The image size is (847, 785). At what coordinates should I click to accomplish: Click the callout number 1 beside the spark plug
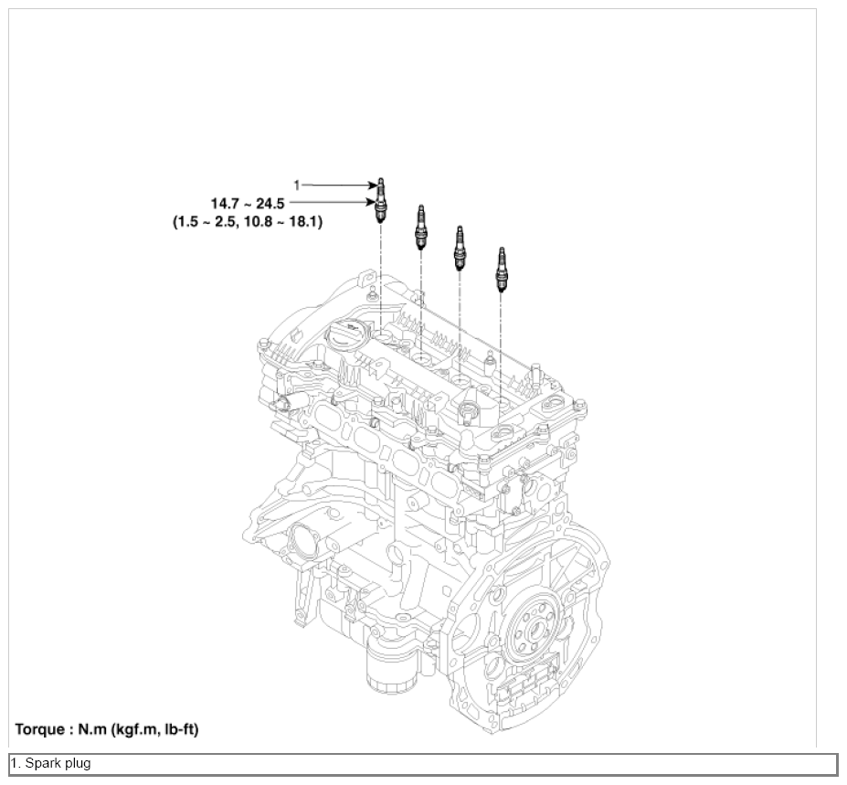(x=297, y=186)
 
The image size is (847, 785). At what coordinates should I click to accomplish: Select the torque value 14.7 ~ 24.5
(x=248, y=204)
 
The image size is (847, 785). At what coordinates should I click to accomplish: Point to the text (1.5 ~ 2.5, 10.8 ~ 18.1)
(x=248, y=221)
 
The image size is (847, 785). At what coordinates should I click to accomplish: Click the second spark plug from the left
(x=421, y=228)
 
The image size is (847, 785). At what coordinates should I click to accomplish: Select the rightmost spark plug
(x=502, y=270)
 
